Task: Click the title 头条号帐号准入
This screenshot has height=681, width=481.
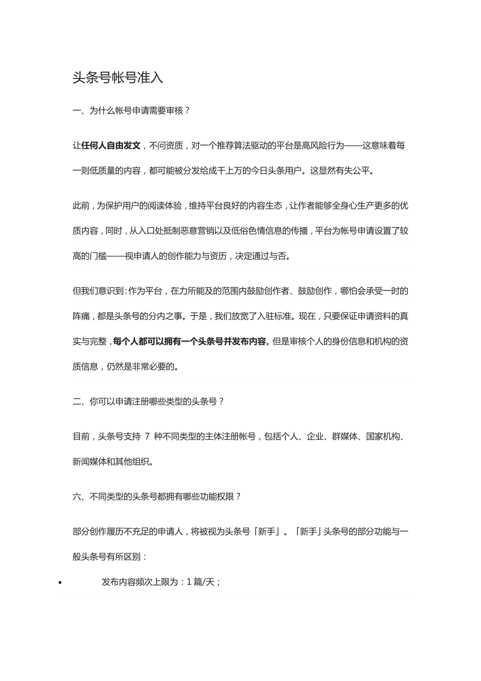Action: (118, 78)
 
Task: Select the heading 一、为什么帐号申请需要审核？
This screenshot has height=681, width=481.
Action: (131, 111)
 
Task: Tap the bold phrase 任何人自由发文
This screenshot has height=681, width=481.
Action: (111, 145)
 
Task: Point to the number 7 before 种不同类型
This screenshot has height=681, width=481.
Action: (147, 436)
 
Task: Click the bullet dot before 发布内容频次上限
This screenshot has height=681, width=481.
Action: (61, 583)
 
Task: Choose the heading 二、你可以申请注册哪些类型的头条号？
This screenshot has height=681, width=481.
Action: (148, 402)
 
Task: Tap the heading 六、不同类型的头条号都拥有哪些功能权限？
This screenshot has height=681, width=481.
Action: (157, 496)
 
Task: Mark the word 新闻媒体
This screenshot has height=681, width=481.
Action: (89, 461)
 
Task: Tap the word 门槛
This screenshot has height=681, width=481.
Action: (98, 256)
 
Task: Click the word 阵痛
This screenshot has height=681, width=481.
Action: (81, 316)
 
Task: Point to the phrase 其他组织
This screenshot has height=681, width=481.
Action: (132, 461)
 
